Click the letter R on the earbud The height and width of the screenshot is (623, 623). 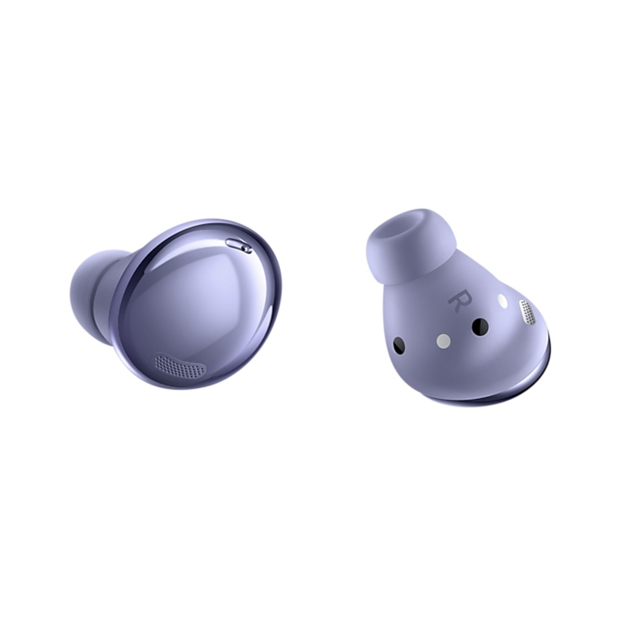456,301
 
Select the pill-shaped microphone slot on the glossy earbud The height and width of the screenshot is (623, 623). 238,245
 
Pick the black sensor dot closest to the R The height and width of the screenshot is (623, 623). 480,327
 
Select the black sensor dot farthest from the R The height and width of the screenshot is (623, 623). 399,346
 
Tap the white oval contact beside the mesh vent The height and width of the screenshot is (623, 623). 503,301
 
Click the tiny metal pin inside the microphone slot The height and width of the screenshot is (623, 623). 245,248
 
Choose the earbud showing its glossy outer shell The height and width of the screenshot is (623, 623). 189,304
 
